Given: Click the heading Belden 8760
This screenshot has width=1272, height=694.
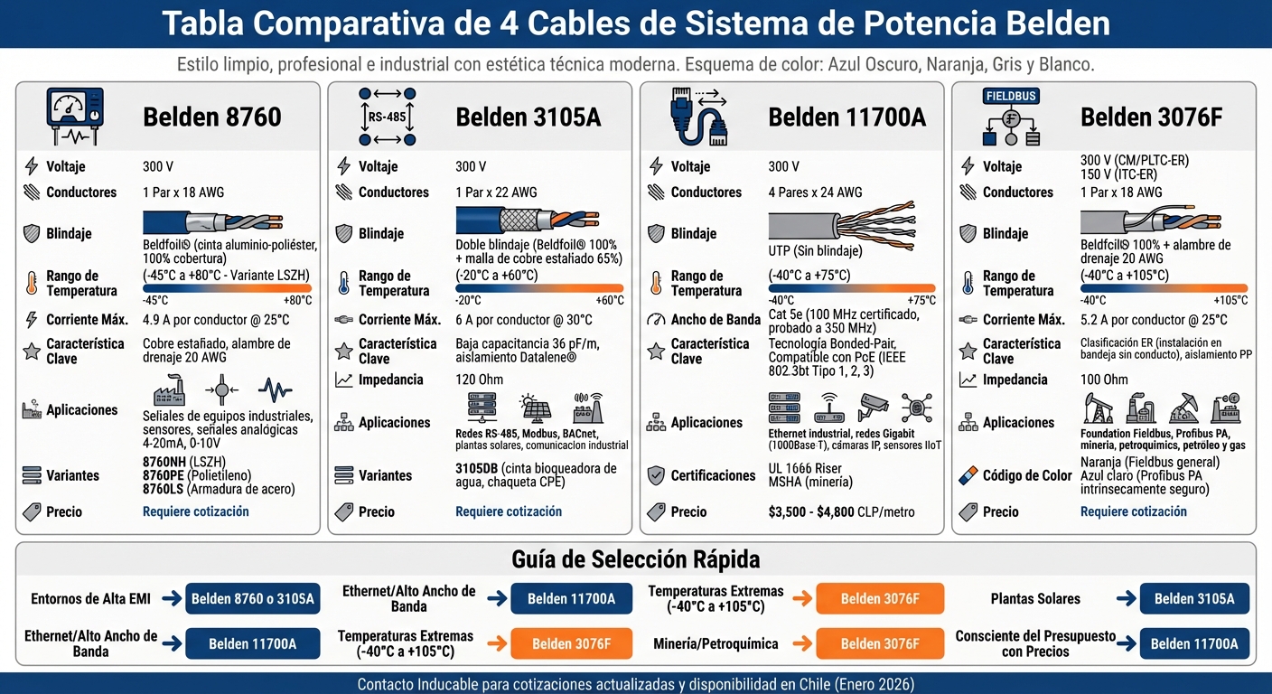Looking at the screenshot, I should point(211,117).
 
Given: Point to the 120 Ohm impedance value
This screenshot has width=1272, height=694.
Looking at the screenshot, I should point(478,380).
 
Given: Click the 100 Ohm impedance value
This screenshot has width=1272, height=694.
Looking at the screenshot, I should point(1104,380).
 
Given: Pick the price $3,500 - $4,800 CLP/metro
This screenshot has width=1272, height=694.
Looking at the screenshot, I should point(841,511).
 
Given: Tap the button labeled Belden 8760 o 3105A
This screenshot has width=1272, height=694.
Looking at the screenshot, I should point(252,598).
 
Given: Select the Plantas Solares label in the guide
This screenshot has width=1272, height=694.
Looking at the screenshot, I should point(1035,598).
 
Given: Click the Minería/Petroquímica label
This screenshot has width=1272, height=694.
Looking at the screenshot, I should point(715,643).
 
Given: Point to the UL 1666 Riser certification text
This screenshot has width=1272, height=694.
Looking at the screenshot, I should point(805,468).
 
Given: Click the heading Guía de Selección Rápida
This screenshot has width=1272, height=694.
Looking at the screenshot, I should point(635,558).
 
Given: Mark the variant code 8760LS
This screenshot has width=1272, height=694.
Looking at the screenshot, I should point(164,490).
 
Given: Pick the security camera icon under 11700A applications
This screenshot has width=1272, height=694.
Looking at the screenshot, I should point(874,408).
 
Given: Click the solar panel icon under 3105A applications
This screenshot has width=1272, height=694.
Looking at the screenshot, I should point(536,408).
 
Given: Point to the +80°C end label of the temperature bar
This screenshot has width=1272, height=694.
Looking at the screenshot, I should point(297,300).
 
